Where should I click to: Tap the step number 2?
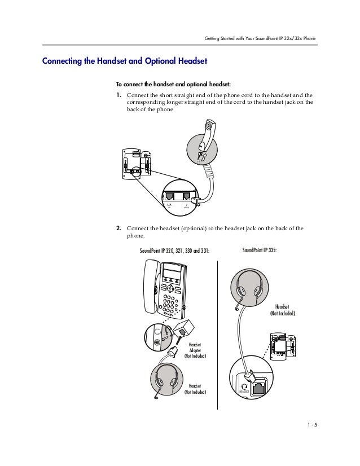click(119, 228)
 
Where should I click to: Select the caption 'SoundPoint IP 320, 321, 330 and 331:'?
click(174, 250)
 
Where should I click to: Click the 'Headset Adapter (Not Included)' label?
click(195, 350)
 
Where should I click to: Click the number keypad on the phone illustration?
click(169, 302)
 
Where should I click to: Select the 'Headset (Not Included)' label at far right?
click(282, 309)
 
